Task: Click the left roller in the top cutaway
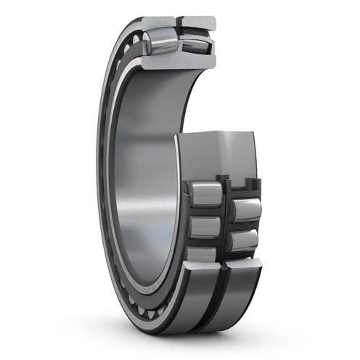coord(160,42)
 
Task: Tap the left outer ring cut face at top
coord(158,23)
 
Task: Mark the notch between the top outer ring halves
coord(179,24)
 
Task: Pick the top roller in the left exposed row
coord(205,194)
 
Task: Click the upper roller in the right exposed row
coord(245,210)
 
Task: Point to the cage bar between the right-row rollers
coord(244,226)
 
